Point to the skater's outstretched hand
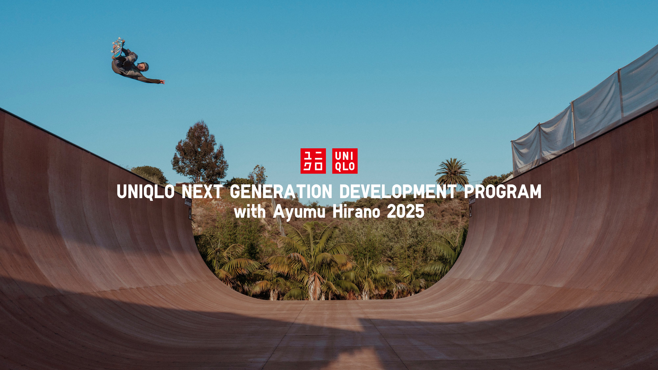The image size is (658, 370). (162, 82)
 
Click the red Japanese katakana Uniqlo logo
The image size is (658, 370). (313, 161)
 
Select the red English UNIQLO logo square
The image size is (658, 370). (345, 161)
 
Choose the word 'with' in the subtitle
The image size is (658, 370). (250, 212)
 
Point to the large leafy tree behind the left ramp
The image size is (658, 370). (200, 153)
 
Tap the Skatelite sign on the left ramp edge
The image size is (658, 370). (188, 203)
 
